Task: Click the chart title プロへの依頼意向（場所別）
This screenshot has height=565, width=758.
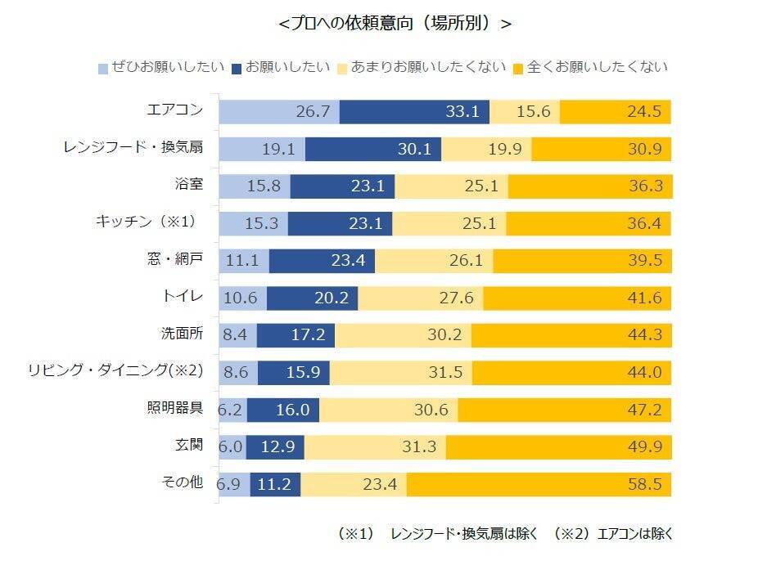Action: [395, 24]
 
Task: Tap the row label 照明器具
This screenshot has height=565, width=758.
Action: [177, 409]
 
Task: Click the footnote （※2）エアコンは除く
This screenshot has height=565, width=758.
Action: [613, 533]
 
